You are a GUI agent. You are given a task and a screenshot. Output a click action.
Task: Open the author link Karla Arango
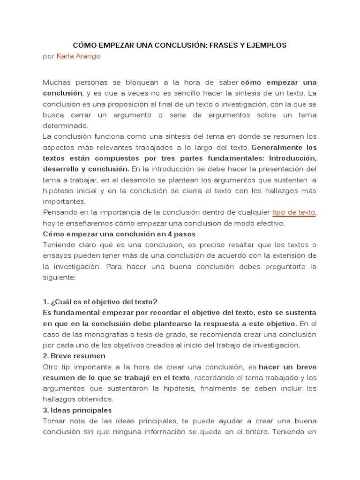(x=78, y=56)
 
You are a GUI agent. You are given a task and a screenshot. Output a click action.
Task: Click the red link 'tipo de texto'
(x=294, y=212)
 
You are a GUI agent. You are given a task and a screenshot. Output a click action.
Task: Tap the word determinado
(x=65, y=126)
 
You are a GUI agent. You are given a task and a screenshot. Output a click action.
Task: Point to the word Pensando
(x=59, y=212)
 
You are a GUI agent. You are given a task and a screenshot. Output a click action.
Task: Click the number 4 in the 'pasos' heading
(x=174, y=234)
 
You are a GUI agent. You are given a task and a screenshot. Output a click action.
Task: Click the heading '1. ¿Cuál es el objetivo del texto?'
(x=100, y=301)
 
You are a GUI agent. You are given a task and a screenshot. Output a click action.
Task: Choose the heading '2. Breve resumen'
(x=74, y=356)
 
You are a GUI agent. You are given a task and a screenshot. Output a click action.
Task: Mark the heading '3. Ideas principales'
(x=77, y=410)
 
